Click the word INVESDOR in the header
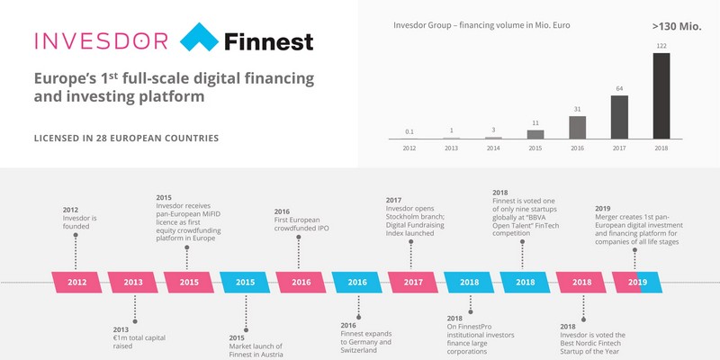(100, 40)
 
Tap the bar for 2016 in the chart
(577, 128)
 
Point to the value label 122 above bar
(661, 45)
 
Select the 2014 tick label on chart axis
(492, 148)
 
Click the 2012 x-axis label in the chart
(409, 148)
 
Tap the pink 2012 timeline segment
(77, 282)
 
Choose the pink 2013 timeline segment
(133, 282)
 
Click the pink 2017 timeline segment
(414, 282)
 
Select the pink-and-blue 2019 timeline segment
(636, 282)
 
